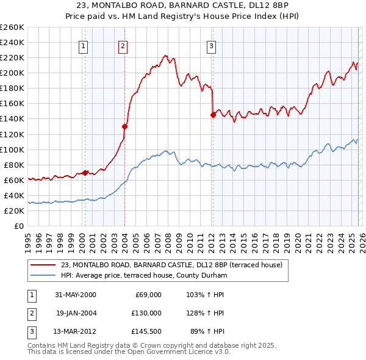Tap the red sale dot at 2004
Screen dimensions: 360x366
point(124,126)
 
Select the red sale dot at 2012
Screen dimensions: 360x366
point(213,114)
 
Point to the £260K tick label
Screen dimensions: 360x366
point(12,27)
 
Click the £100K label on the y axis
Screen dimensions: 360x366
point(12,149)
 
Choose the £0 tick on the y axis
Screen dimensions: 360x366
point(20,226)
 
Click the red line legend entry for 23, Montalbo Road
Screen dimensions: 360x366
point(171,265)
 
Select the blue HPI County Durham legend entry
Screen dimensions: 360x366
point(144,276)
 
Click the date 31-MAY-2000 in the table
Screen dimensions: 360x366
point(75,295)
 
